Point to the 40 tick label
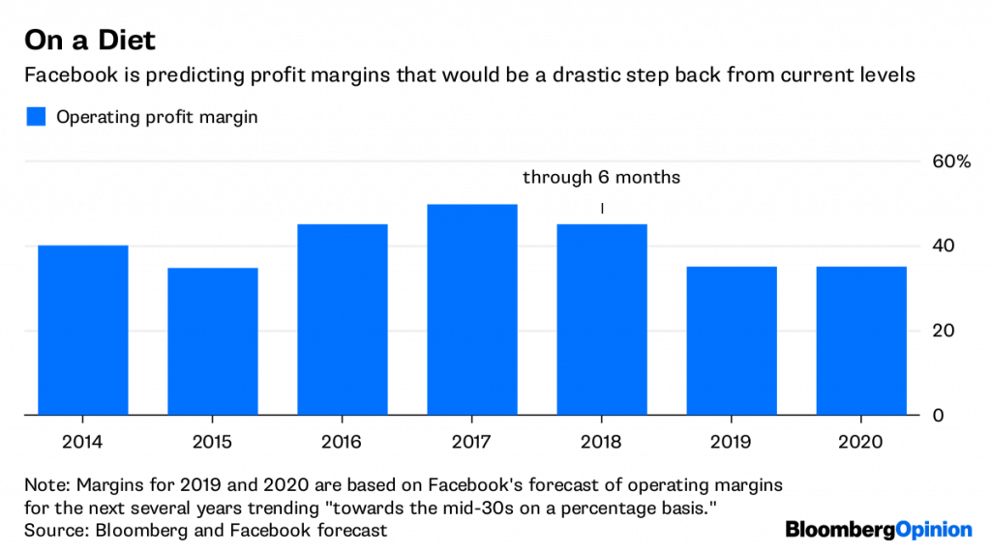(x=943, y=246)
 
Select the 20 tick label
(x=943, y=331)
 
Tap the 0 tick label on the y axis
(x=937, y=416)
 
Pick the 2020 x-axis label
(x=860, y=442)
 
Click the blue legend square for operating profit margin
(x=36, y=117)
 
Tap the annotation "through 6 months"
(x=601, y=178)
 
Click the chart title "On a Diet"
(x=90, y=42)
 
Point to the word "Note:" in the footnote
(x=48, y=484)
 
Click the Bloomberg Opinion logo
(x=879, y=529)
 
